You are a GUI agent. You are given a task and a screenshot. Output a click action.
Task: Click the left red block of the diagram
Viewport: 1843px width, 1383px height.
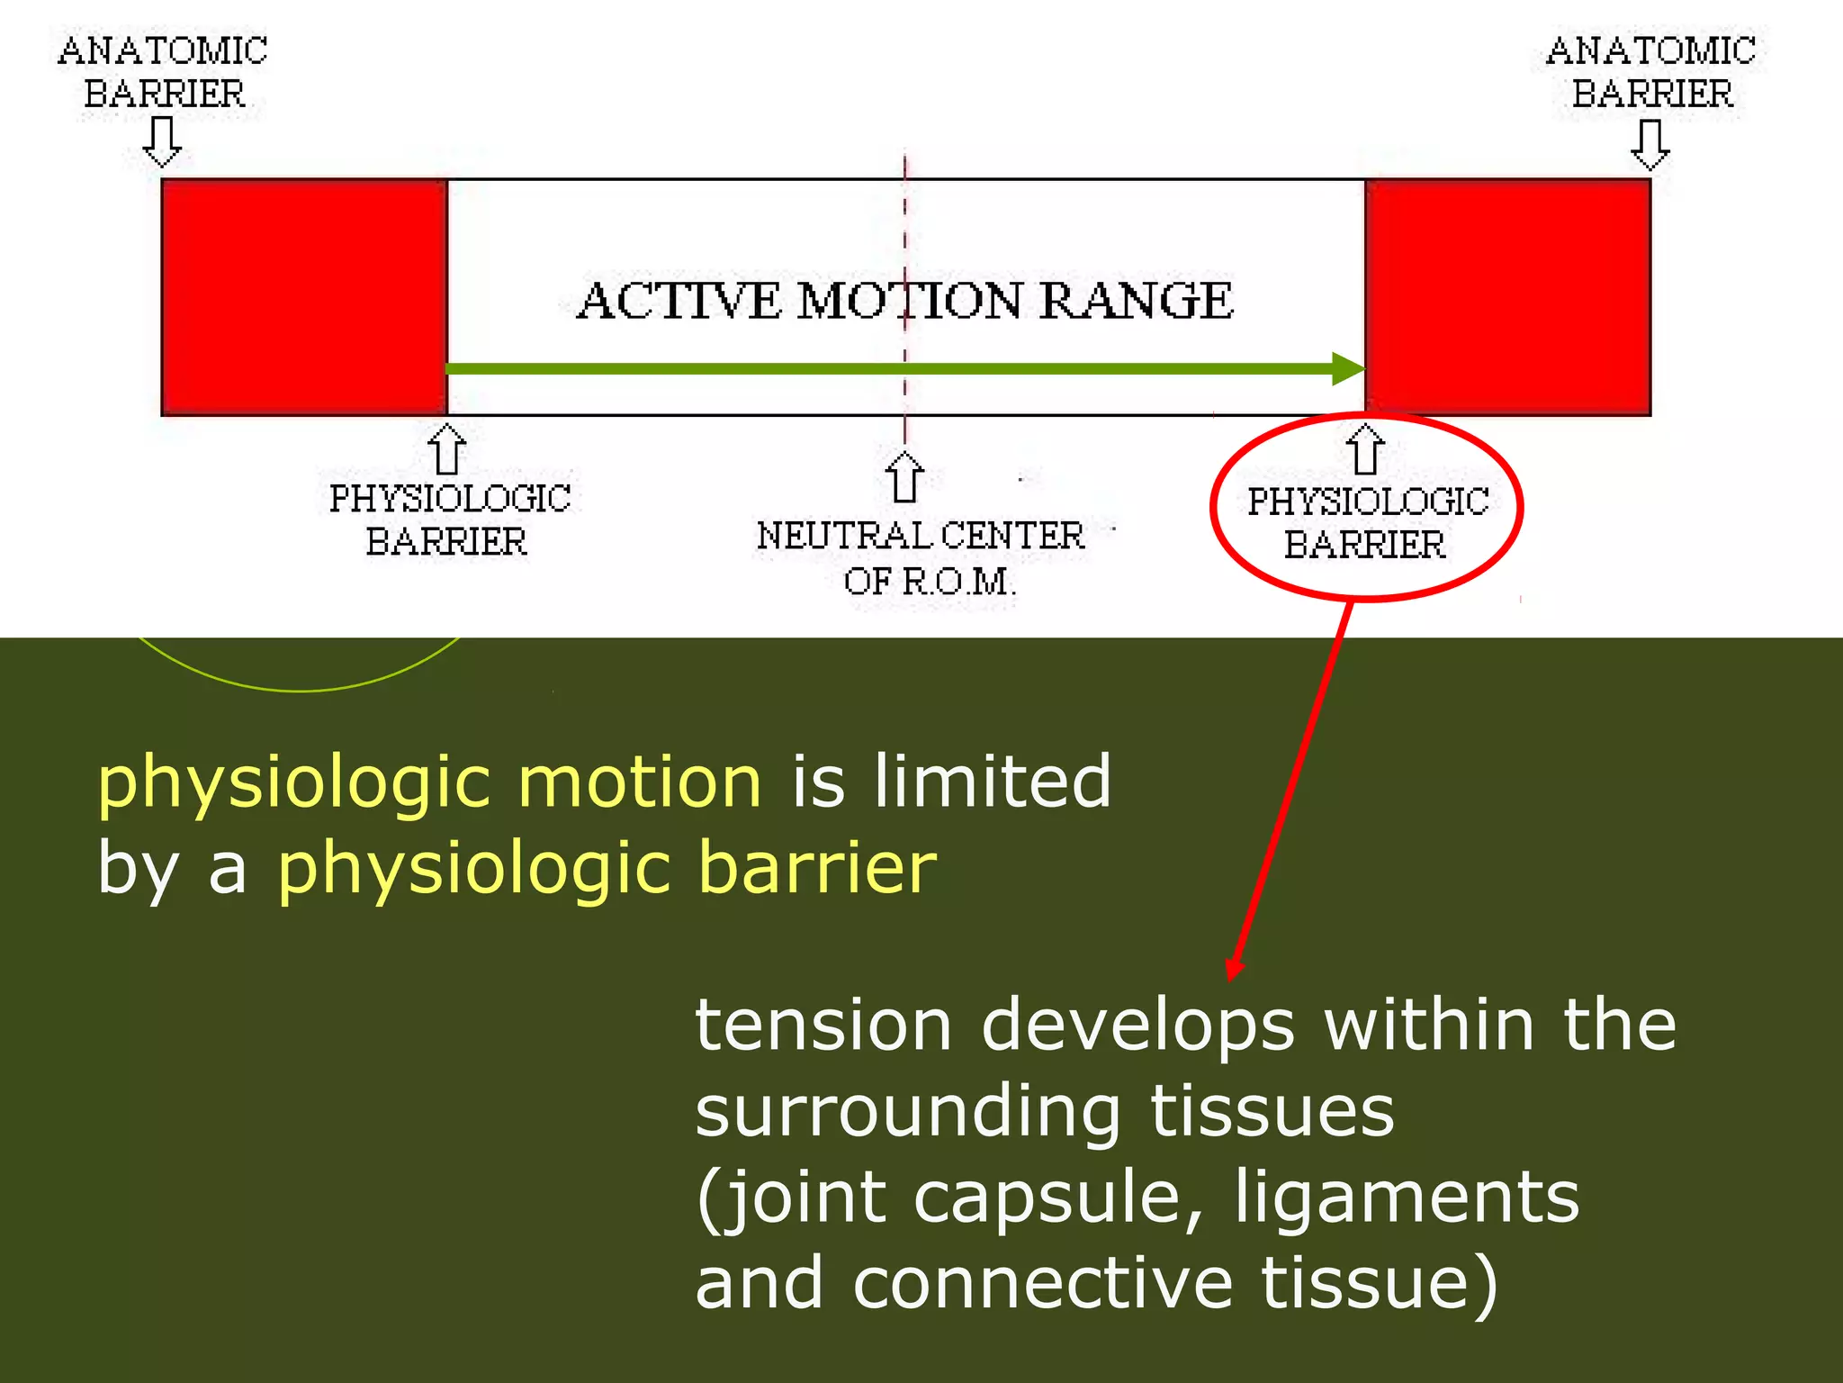coord(304,297)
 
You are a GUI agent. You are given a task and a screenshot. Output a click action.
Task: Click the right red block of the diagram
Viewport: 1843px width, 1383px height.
coord(1507,297)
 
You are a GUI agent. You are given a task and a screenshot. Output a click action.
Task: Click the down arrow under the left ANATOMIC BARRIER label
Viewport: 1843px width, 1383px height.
coord(163,143)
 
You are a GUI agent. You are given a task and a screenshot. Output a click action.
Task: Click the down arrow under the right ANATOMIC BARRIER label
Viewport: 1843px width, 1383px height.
coord(1650,145)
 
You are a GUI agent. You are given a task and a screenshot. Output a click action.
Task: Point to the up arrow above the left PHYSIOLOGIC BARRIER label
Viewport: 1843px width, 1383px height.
coord(447,449)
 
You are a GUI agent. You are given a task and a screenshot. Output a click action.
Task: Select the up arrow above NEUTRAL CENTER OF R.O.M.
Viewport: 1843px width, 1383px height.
coord(904,477)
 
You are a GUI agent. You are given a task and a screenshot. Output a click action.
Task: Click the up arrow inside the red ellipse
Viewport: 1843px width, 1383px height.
coord(1365,449)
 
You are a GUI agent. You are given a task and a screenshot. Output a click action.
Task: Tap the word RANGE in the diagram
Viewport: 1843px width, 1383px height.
coord(1137,301)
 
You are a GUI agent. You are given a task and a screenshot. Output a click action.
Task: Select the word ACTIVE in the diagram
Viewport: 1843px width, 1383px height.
coord(679,301)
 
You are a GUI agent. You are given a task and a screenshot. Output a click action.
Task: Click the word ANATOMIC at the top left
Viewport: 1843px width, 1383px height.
coord(163,51)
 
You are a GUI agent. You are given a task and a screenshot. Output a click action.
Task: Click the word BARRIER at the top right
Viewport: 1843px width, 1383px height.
coord(1652,95)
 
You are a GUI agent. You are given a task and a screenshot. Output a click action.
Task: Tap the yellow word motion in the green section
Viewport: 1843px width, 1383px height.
coord(640,782)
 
